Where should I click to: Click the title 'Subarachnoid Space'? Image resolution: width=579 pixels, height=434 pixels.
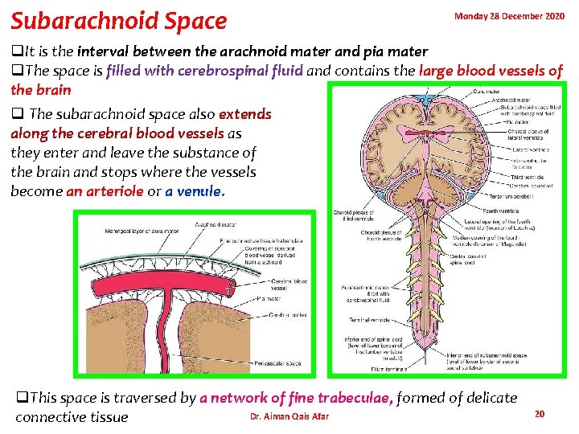click(x=118, y=19)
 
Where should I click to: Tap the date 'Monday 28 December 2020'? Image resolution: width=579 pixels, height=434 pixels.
click(x=509, y=15)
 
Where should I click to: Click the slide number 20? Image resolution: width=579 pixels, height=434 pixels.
click(x=540, y=413)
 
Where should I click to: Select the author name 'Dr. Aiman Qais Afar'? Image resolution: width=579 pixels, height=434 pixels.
click(x=289, y=416)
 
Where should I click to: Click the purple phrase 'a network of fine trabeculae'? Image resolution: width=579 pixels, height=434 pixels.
click(x=297, y=398)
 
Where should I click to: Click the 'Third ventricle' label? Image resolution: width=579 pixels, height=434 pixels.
click(x=526, y=176)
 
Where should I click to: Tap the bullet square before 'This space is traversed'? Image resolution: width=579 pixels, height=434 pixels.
click(x=22, y=398)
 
